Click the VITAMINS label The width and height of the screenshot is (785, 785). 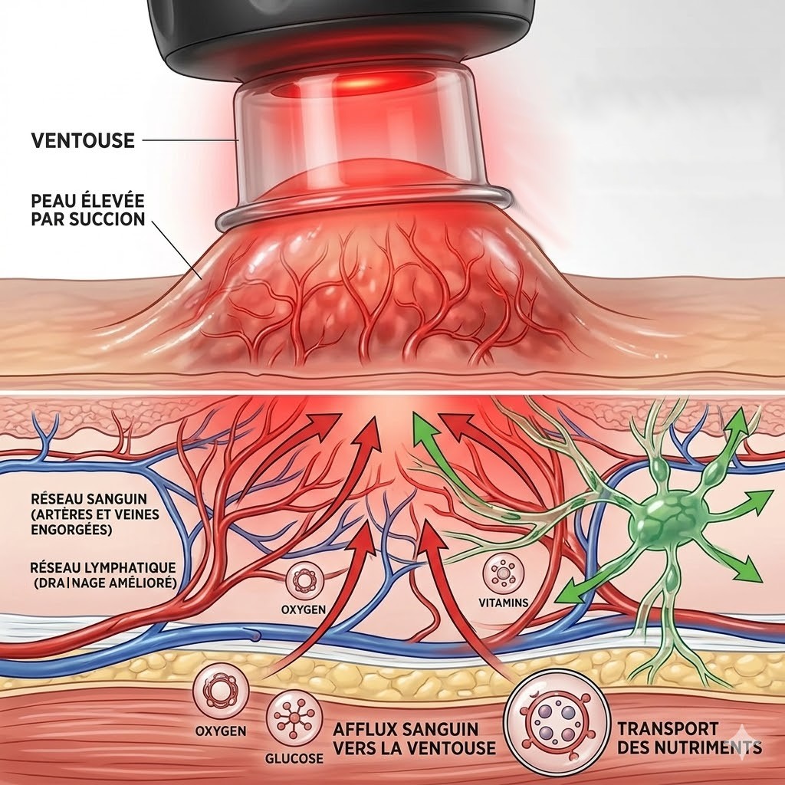504,603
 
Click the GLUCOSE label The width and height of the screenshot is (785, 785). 295,758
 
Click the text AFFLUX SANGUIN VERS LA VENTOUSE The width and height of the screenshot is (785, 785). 413,737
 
